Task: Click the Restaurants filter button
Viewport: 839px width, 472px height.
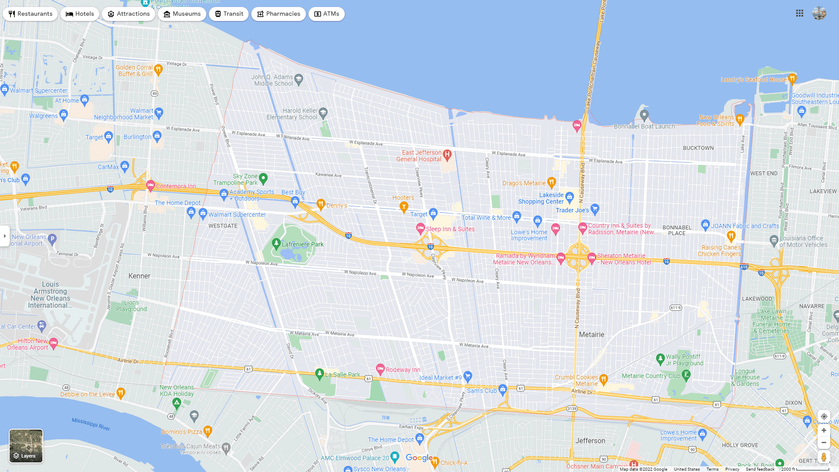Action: click(30, 14)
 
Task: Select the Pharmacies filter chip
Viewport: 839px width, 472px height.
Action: click(278, 14)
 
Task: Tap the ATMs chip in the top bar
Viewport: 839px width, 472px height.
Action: click(326, 14)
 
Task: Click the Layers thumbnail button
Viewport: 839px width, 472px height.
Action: click(26, 446)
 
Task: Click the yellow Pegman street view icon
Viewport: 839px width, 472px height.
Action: click(823, 457)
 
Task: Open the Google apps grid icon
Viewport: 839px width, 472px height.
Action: click(800, 14)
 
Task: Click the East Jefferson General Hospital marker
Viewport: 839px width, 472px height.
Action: click(447, 154)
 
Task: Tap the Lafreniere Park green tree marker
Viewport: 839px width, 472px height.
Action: click(276, 243)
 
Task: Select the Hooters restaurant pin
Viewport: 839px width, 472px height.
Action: click(404, 206)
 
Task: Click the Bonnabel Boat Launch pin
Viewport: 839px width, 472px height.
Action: click(644, 115)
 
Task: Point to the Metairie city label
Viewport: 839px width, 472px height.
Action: click(591, 334)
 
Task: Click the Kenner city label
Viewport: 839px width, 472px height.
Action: click(139, 276)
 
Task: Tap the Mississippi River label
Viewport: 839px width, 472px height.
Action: click(91, 424)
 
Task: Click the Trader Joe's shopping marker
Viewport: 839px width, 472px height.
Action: click(595, 208)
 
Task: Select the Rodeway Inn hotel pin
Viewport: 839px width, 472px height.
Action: click(380, 369)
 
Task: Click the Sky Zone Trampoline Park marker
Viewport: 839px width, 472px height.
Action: click(263, 178)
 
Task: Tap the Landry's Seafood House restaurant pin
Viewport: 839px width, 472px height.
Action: click(792, 78)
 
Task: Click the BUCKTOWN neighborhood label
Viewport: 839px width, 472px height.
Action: click(698, 148)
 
